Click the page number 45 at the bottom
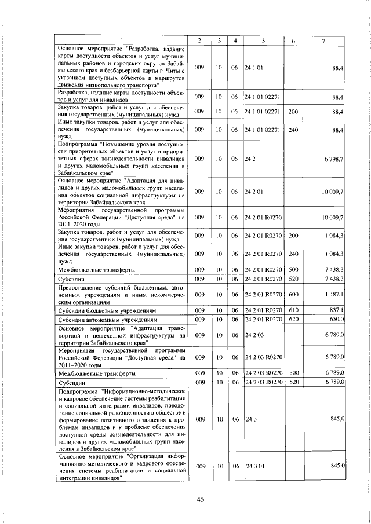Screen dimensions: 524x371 201,500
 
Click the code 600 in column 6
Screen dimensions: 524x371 293,295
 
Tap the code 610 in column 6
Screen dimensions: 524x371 293,310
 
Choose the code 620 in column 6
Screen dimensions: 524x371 293,319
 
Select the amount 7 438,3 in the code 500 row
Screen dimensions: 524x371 336,270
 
